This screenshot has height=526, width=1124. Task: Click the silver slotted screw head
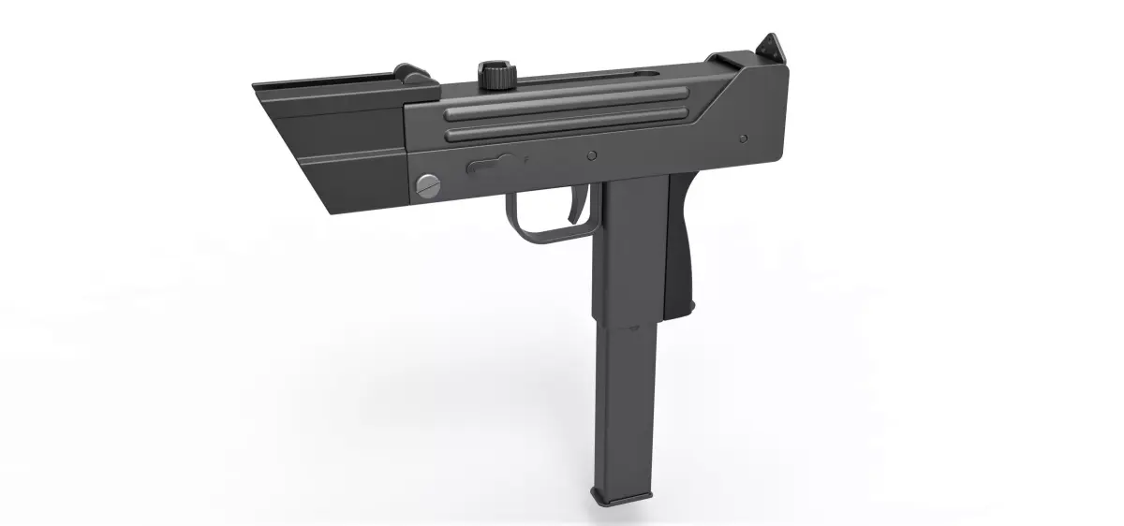pos(427,185)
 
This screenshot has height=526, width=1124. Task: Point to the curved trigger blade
pos(574,209)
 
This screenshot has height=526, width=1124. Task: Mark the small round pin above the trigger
pos(591,154)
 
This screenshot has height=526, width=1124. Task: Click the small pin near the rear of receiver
pos(743,139)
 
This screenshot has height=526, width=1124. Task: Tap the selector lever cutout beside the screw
pos(489,166)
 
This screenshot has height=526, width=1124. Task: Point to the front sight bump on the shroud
pos(409,73)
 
